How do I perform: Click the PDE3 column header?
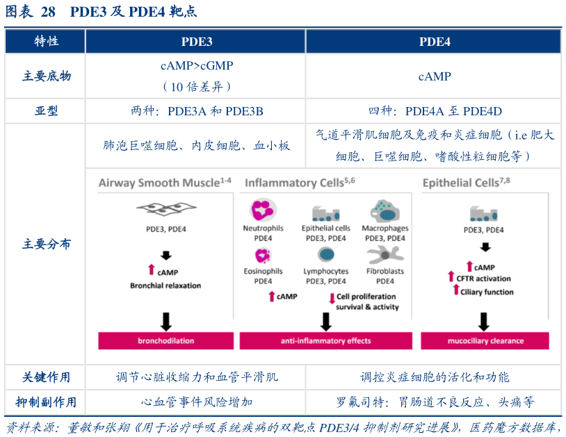click(196, 42)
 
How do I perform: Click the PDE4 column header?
click(435, 42)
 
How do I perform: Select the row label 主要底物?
click(46, 76)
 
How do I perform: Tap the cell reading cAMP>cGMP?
click(196, 66)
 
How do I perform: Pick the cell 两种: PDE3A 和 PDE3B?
click(196, 111)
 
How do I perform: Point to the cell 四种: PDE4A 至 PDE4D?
click(435, 111)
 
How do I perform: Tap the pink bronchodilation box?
click(165, 340)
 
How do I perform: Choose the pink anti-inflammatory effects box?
click(325, 340)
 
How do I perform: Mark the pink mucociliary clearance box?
click(484, 340)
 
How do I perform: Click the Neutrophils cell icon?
click(263, 211)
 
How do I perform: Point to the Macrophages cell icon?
click(385, 211)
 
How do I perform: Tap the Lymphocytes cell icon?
click(326, 254)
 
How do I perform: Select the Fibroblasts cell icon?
click(385, 254)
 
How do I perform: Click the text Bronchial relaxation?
click(165, 286)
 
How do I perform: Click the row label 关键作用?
click(46, 377)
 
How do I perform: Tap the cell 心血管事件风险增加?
click(196, 402)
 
